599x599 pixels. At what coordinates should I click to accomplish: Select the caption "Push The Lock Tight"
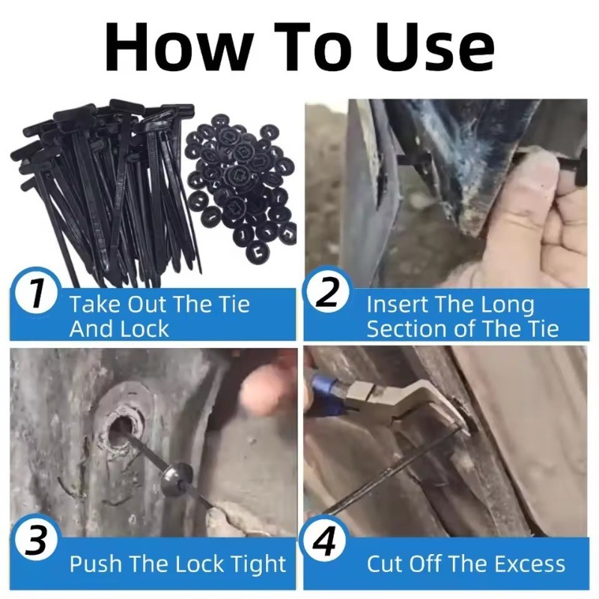click(177, 564)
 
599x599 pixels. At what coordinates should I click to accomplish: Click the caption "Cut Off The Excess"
click(466, 564)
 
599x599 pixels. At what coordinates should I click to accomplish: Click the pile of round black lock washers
click(240, 183)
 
